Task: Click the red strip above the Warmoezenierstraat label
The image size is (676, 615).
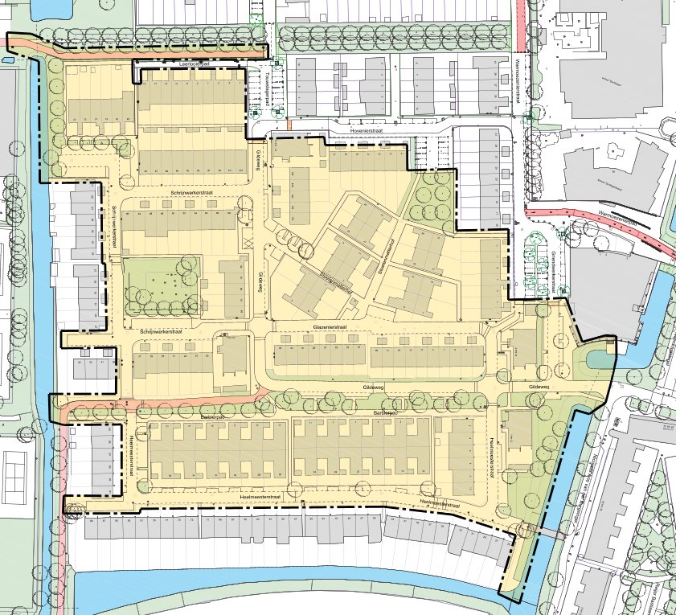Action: pos(520,24)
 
